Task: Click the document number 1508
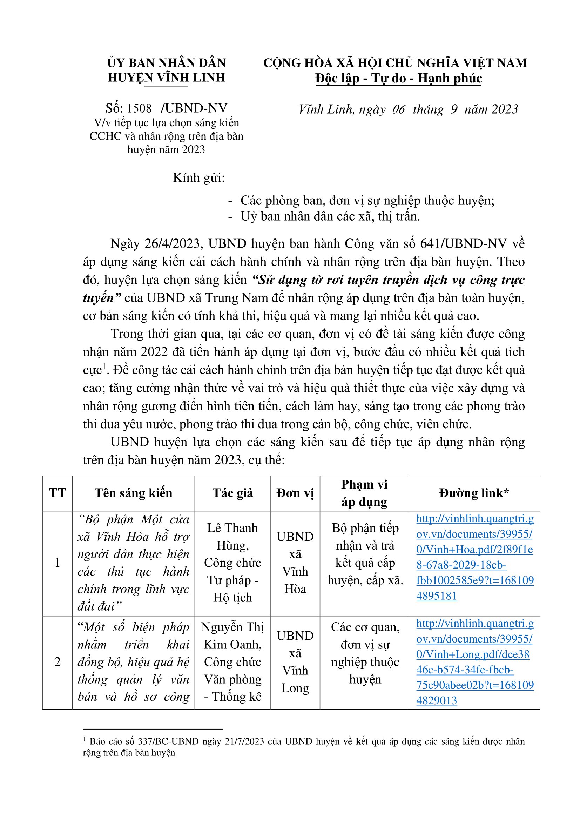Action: (139, 108)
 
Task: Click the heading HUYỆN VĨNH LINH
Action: (167, 78)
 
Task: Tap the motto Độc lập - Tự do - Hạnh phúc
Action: (398, 78)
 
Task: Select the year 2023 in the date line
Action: (504, 109)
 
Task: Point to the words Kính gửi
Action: (199, 177)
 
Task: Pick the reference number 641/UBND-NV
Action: (463, 243)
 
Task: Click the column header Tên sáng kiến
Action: (133, 493)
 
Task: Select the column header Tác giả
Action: (232, 493)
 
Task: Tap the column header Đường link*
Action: (474, 493)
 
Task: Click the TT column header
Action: (58, 493)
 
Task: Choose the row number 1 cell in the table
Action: (58, 563)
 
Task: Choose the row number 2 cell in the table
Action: (58, 662)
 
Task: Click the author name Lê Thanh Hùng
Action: (232, 536)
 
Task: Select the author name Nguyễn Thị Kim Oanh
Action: (232, 636)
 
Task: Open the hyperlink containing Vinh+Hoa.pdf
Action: (475, 549)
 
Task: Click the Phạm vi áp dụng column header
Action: (364, 493)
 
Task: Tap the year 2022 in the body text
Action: (154, 352)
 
